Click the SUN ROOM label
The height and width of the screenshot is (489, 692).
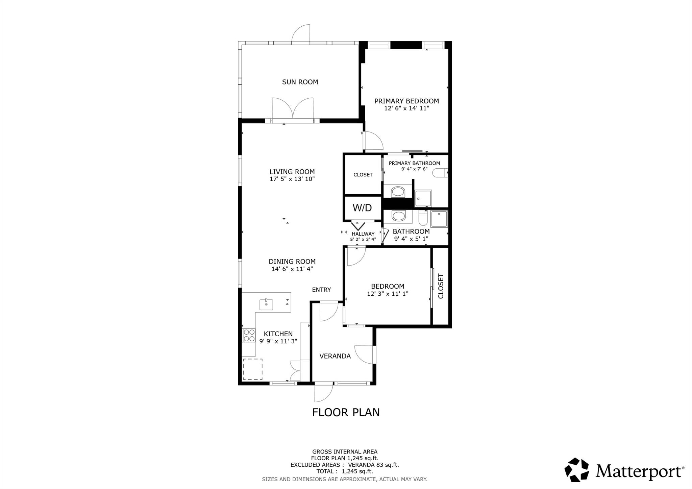[300, 82]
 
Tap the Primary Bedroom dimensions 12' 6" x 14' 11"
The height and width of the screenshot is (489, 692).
[406, 108]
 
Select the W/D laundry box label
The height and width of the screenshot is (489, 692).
[362, 208]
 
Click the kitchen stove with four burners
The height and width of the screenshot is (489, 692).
[249, 335]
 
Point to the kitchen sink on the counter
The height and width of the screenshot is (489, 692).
[266, 304]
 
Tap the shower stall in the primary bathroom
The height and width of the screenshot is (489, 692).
[423, 198]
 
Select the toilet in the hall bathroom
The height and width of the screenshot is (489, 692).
[423, 218]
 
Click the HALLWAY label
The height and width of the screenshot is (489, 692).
[363, 234]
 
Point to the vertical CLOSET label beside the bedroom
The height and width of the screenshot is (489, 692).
[441, 286]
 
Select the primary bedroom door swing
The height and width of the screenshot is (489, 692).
[373, 141]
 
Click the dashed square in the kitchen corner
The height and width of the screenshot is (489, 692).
[253, 369]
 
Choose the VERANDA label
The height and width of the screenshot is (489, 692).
[335, 356]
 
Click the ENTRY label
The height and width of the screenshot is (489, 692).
[321, 290]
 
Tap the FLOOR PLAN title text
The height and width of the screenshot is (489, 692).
[346, 412]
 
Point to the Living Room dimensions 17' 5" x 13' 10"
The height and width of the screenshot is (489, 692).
[292, 179]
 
